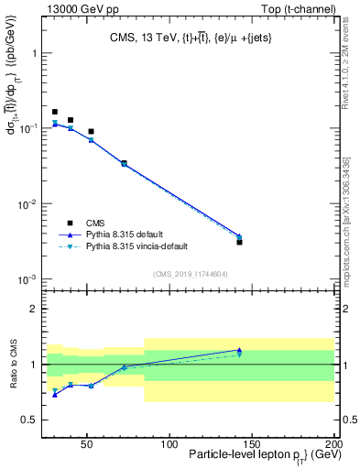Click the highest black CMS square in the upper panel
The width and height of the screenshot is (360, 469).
(55, 112)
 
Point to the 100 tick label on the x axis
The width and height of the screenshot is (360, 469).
(169, 444)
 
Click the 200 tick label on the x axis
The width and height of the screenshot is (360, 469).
(333, 444)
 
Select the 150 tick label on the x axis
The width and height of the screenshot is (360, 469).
(251, 444)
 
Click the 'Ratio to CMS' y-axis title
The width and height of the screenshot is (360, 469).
(14, 365)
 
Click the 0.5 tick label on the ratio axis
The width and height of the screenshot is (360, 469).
(30, 420)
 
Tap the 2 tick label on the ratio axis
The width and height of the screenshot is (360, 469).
(35, 309)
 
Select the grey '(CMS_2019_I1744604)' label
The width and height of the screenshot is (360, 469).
(190, 274)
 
